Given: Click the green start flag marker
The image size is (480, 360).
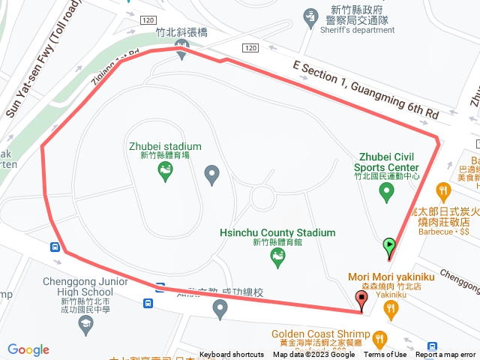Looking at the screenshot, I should tap(389, 245).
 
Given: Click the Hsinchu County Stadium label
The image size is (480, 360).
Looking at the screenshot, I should tap(277, 232).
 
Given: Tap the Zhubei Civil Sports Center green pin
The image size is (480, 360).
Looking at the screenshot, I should tap(387, 193).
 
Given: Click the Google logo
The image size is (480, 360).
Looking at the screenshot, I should tap(28, 349).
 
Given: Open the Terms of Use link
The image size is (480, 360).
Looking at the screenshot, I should tap(385, 355).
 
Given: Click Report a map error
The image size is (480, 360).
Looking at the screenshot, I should tap(446, 355).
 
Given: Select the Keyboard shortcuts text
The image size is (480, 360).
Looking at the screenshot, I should tap(232, 355).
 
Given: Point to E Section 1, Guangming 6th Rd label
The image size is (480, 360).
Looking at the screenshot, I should tap(365, 88).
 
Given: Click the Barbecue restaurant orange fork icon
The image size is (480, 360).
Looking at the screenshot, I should tap(445, 192).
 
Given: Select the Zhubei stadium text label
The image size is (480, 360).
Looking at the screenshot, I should tap(165, 146).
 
